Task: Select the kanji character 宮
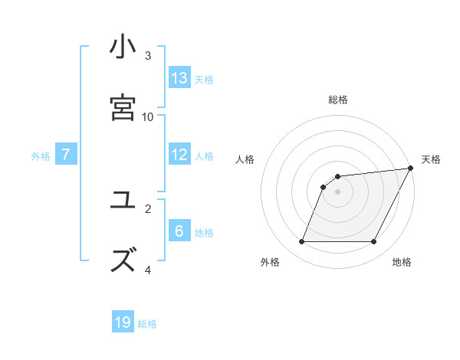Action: [123, 107]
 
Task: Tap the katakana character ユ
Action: [123, 201]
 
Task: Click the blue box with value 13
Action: [179, 78]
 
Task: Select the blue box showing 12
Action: [179, 155]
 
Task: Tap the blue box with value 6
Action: [179, 231]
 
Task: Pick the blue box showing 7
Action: [66, 155]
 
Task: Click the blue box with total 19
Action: [123, 322]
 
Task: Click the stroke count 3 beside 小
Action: [148, 56]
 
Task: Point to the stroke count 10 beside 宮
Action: [148, 116]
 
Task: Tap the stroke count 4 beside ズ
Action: [148, 270]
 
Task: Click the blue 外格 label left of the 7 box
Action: [41, 156]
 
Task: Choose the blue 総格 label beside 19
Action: [147, 324]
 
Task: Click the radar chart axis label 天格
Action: [431, 159]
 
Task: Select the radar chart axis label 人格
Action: [245, 159]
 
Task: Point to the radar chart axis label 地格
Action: [402, 262]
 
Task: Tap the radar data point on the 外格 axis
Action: [302, 242]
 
